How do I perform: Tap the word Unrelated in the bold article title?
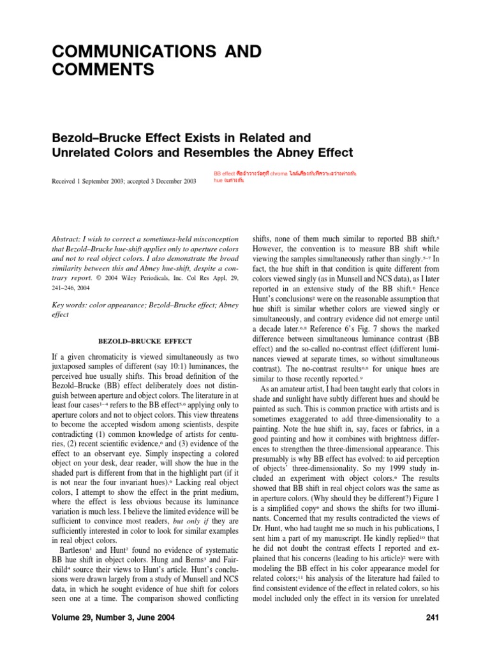83,153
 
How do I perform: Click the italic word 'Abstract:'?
69,238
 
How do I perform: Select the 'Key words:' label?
68,305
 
